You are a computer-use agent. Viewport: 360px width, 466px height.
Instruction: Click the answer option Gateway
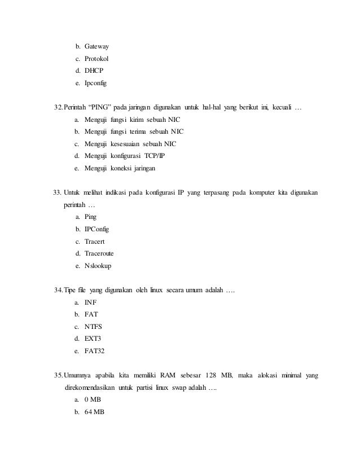tap(96, 46)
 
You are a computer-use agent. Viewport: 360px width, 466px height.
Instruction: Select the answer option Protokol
tap(96, 59)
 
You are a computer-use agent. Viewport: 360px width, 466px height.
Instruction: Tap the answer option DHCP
tap(94, 71)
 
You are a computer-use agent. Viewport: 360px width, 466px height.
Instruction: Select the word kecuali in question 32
tap(281, 107)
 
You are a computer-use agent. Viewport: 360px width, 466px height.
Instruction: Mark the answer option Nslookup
tap(98, 266)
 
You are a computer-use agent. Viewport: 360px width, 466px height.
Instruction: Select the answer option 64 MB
tap(95, 412)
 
